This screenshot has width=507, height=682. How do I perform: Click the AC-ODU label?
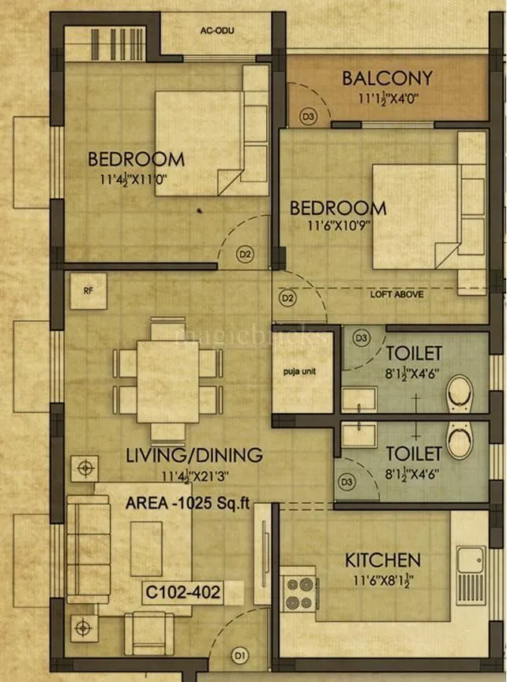218,31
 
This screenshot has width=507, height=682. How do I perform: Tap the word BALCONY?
387,78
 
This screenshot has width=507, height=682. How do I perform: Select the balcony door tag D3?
307,116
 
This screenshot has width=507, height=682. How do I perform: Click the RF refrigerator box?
88,289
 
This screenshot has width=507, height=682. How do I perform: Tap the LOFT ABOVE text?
397,294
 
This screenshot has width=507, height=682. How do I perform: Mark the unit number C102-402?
182,591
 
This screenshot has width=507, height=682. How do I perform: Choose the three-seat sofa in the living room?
88,550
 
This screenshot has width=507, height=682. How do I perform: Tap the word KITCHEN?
382,561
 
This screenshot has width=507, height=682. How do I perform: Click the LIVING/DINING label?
194,455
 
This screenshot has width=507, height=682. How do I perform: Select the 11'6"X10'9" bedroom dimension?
337,225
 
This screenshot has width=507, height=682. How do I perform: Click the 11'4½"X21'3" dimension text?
194,475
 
